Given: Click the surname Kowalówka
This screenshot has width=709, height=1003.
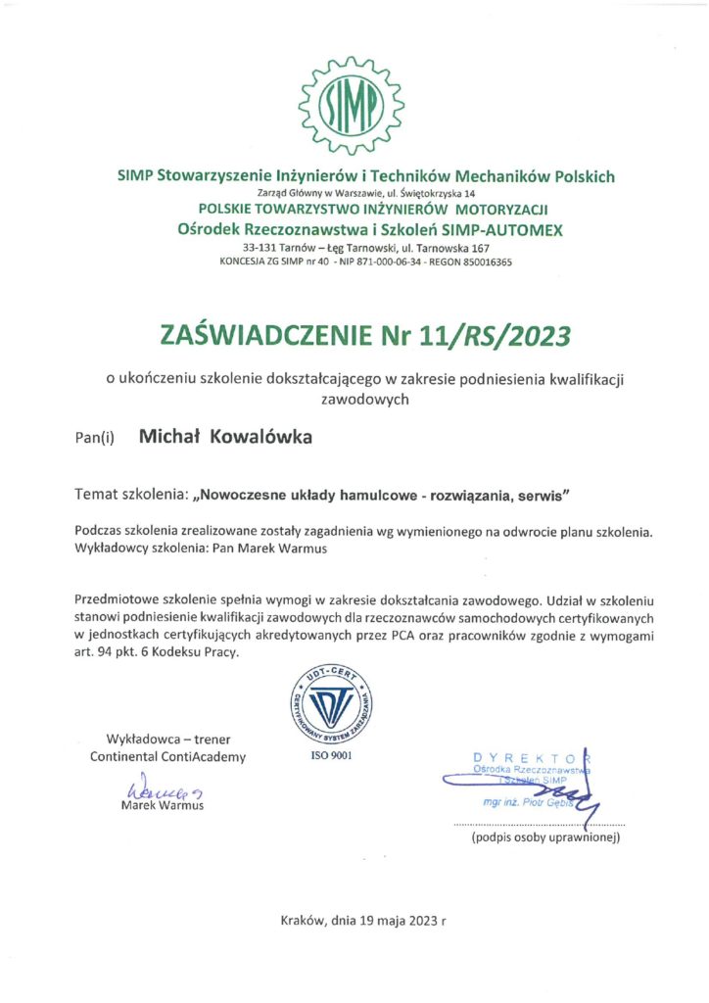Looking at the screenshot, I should click(x=261, y=437).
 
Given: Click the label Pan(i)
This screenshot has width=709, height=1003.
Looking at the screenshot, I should click(x=95, y=438).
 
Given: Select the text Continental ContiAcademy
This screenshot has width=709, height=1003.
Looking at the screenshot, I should click(x=168, y=757).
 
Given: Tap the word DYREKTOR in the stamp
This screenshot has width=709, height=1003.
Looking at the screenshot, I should click(x=532, y=757).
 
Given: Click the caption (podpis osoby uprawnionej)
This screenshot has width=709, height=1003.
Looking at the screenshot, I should click(x=545, y=838).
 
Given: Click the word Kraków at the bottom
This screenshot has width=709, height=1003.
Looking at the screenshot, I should click(x=302, y=921).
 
